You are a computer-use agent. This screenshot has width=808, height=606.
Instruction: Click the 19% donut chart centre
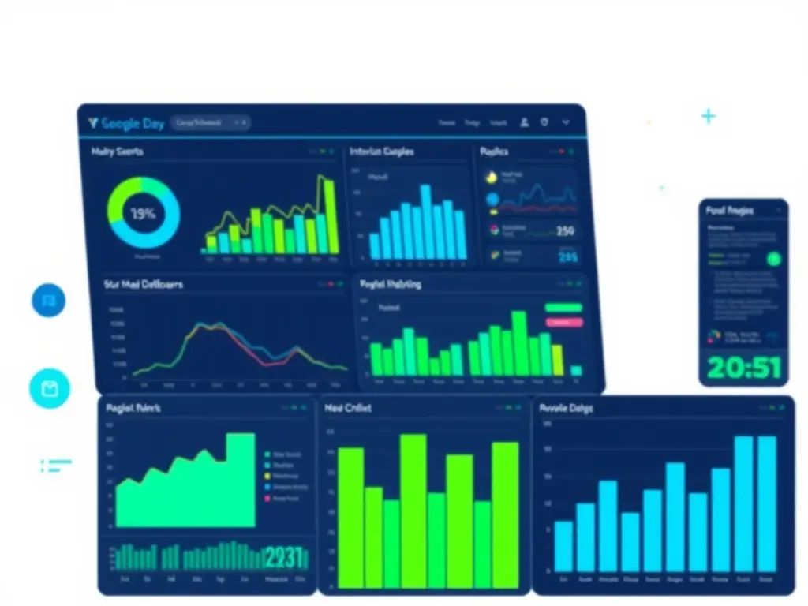pyautogui.click(x=143, y=214)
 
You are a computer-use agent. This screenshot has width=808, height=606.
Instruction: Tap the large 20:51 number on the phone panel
pyautogui.click(x=743, y=367)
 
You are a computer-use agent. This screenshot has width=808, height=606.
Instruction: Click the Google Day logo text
pyautogui.click(x=125, y=123)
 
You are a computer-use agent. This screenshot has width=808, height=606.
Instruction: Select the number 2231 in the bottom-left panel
pyautogui.click(x=284, y=558)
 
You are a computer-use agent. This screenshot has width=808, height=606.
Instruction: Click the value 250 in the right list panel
pyautogui.click(x=565, y=231)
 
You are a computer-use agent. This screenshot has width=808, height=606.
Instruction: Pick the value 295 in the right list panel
pyautogui.click(x=567, y=256)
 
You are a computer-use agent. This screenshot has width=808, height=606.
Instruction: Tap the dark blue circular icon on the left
pyautogui.click(x=49, y=301)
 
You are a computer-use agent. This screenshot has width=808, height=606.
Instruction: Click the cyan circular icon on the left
pyautogui.click(x=50, y=388)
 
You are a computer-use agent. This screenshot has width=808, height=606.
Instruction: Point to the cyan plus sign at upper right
pyautogui.click(x=709, y=117)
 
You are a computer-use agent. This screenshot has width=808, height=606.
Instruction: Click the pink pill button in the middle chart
pyautogui.click(x=563, y=322)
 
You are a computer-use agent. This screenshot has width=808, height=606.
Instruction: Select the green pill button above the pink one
pyautogui.click(x=563, y=308)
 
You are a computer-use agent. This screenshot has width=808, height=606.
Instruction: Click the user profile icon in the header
pyautogui.click(x=524, y=122)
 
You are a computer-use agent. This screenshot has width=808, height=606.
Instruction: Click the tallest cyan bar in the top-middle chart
pyautogui.click(x=425, y=222)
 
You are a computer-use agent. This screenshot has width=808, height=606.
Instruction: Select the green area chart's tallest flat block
pyautogui.click(x=241, y=479)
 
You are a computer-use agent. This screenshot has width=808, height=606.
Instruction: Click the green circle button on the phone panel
pyautogui.click(x=773, y=258)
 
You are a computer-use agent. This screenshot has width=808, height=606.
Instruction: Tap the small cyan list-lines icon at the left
pyautogui.click(x=55, y=466)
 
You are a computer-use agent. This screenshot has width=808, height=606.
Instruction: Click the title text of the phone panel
pyautogui.click(x=729, y=211)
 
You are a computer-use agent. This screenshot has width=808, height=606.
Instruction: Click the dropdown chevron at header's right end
pyautogui.click(x=566, y=122)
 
